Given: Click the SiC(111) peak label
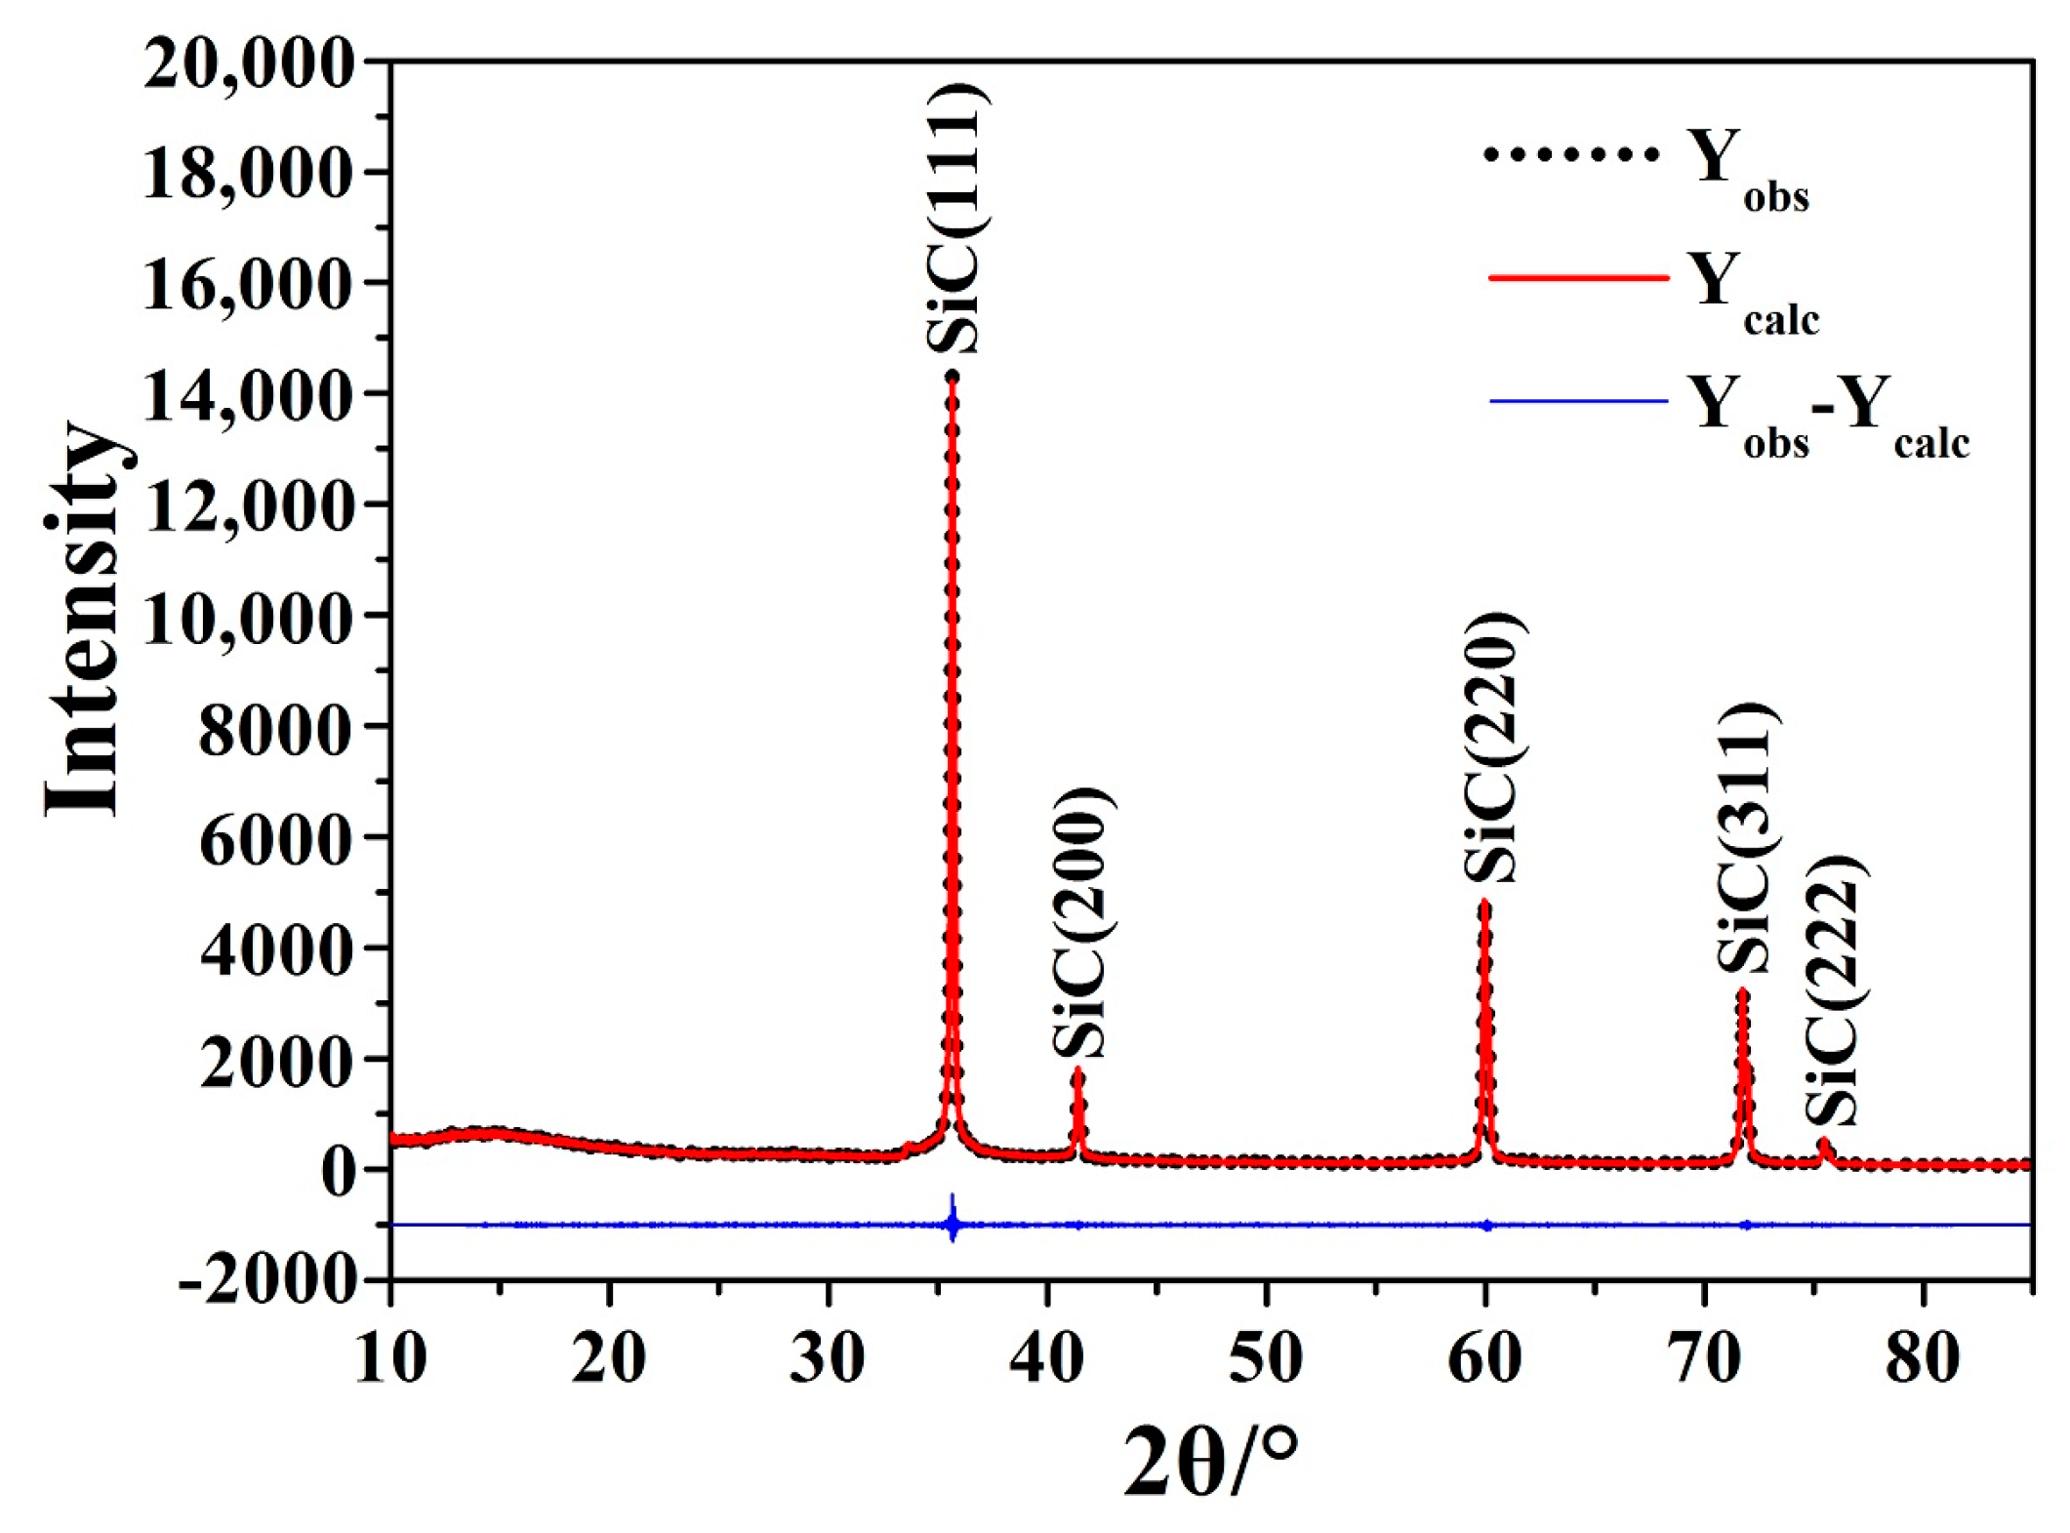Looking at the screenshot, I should [957, 219].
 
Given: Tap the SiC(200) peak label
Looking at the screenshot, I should [1081, 921].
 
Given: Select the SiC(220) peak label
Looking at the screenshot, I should [1492, 747].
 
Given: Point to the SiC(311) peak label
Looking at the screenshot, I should [1747, 837].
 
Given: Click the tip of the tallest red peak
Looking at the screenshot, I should [952, 379].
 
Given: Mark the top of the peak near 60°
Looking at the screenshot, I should [1484, 904].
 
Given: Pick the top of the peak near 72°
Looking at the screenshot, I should [1742, 993].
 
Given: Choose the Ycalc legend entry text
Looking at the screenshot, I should [1752, 294].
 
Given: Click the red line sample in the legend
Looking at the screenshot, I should [1577, 278].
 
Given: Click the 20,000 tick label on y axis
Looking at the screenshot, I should [248, 64].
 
